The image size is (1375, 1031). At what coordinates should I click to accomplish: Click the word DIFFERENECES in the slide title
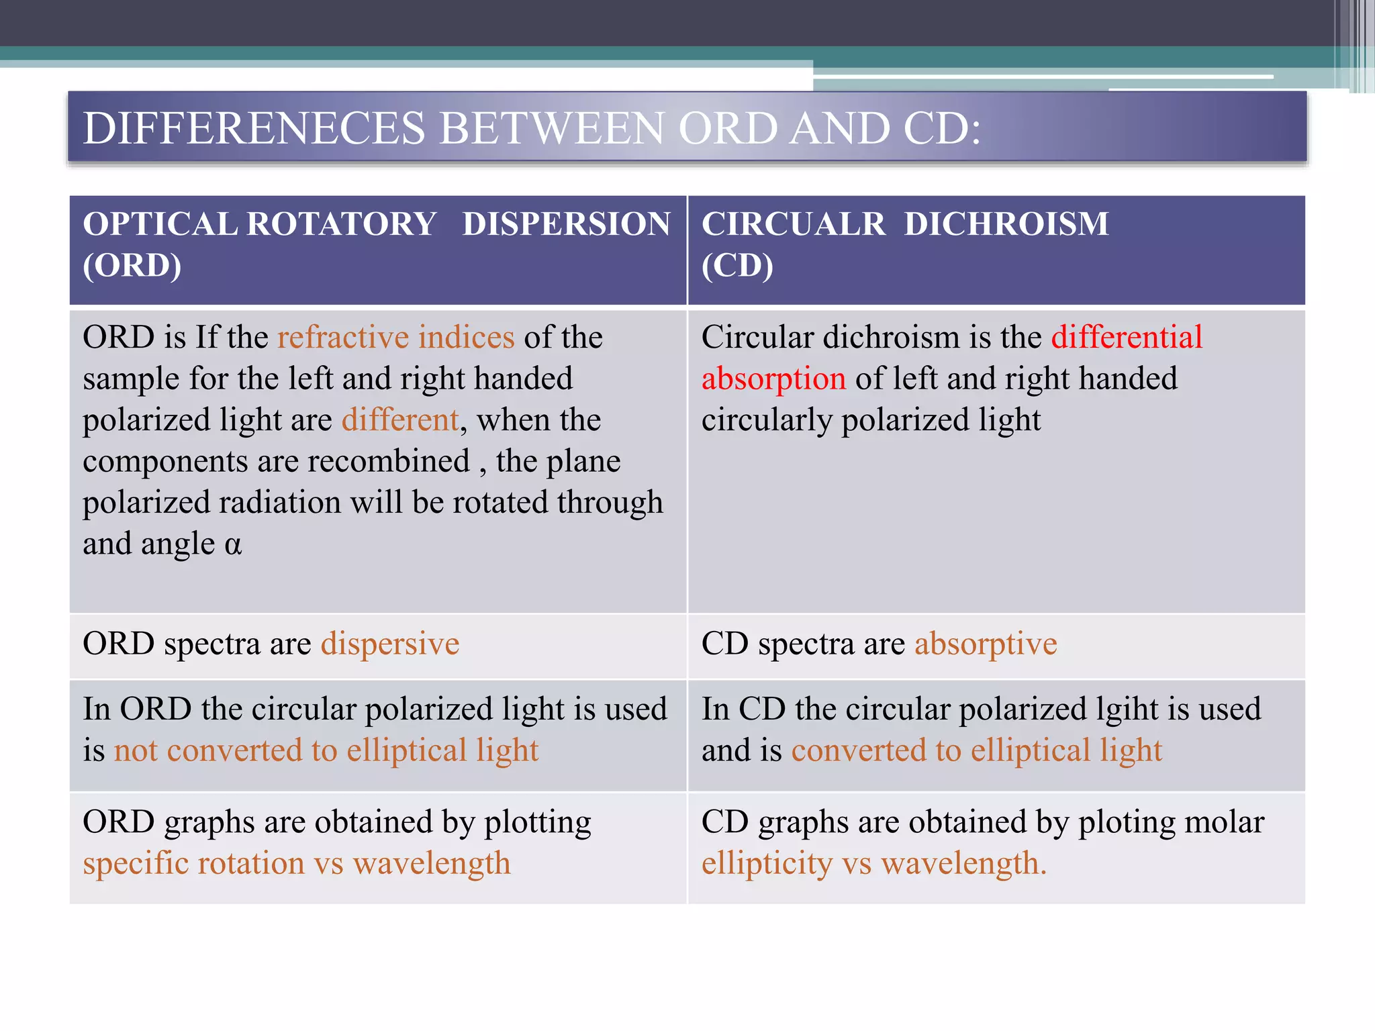pos(254,128)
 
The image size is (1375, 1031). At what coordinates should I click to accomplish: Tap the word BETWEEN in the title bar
pos(551,128)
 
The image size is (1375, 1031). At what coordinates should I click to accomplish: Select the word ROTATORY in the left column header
pos(342,224)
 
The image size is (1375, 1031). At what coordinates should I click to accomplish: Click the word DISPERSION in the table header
pos(566,224)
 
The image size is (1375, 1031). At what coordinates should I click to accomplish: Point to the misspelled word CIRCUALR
pos(794,224)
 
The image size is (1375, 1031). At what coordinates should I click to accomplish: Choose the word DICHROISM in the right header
pos(1006,224)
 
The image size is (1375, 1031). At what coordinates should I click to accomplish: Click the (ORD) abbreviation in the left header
pos(132,266)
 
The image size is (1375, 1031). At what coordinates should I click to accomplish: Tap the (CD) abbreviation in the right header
pos(737,266)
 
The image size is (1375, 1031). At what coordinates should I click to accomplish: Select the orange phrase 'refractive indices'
pos(396,337)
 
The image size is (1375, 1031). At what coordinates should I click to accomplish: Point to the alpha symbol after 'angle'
pos(233,544)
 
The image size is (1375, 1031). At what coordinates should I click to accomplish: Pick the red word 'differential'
pos(1127,337)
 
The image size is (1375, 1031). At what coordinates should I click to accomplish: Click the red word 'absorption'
pos(773,379)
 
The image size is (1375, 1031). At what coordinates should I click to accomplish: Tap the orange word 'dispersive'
pos(390,644)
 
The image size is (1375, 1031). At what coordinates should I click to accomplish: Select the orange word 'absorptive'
pos(986,644)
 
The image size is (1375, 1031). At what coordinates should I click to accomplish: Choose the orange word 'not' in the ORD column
pos(136,750)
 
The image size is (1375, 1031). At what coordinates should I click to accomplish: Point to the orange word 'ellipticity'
pos(767,863)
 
